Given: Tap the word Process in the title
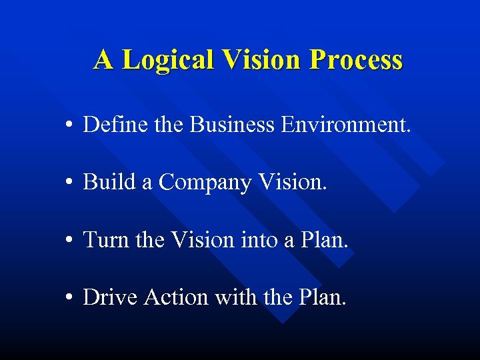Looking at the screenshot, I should (x=356, y=60).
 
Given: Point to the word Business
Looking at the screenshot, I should (x=231, y=125).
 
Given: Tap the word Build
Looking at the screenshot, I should (x=109, y=182).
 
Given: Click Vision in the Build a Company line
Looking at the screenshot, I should (x=293, y=182).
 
